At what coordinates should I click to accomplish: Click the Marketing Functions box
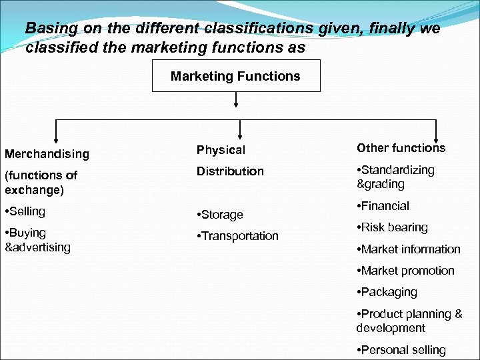(235, 76)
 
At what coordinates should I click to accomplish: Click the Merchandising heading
(47, 154)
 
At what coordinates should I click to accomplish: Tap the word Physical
(221, 151)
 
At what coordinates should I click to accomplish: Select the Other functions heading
(401, 148)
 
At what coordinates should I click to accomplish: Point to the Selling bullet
(25, 211)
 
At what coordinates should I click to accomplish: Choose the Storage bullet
(219, 215)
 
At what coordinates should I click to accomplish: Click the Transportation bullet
(237, 236)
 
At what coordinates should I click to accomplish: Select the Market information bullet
(408, 249)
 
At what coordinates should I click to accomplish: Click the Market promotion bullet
(405, 271)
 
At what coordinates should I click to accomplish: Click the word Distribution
(230, 171)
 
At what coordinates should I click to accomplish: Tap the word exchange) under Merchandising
(34, 190)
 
